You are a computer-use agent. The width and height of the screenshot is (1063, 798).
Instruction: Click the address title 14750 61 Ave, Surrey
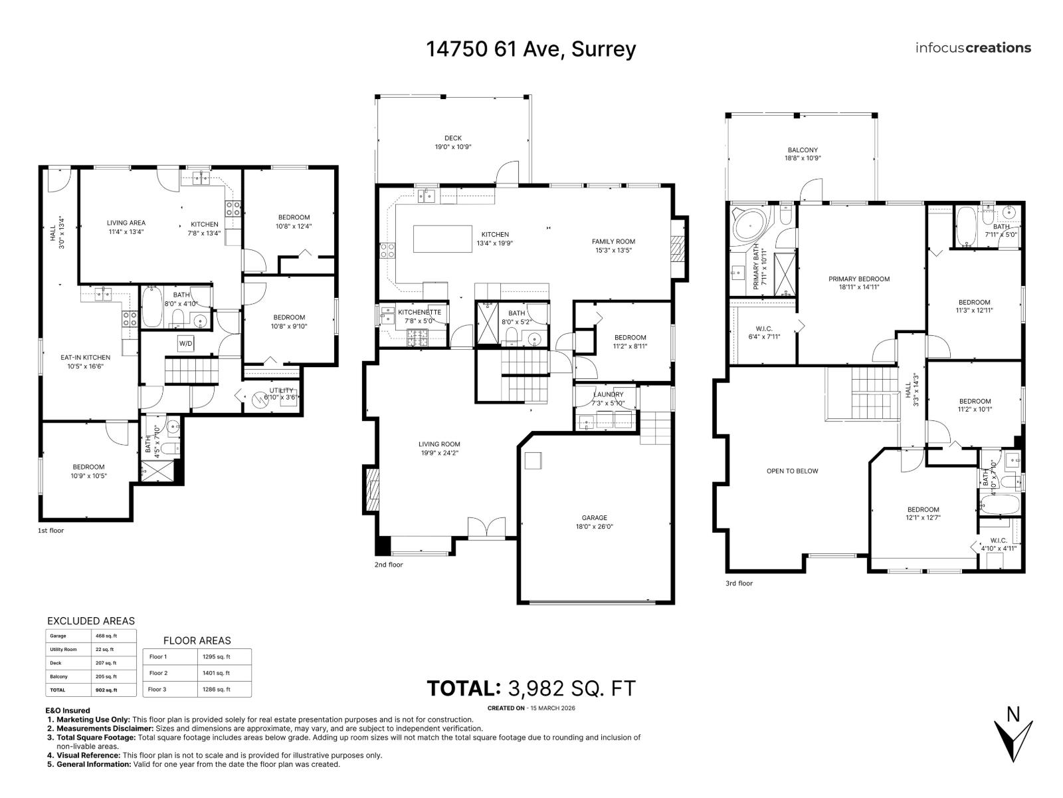coord(531,49)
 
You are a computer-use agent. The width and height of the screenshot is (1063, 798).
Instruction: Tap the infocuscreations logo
coord(973,48)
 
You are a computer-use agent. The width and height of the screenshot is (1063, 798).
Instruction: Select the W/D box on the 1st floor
coord(185,344)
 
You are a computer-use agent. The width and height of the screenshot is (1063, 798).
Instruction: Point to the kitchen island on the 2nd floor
coord(442,239)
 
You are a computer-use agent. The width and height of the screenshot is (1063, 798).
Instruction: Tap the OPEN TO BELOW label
coord(792,471)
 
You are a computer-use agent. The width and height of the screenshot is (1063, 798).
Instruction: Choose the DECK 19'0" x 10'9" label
coord(453,142)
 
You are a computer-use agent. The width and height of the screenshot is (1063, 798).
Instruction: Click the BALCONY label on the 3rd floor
coord(803,154)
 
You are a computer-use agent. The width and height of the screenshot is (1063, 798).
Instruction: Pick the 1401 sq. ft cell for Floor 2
coord(217,673)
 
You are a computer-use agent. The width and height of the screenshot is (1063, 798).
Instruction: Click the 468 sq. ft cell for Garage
coord(106,636)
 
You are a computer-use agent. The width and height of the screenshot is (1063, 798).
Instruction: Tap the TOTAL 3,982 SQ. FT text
coord(531,688)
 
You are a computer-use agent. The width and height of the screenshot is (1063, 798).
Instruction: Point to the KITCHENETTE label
coord(419,316)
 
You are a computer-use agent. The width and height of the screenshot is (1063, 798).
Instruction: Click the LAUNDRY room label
coord(608,398)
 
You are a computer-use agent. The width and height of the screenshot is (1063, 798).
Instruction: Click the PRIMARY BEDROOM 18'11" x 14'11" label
coord(858,283)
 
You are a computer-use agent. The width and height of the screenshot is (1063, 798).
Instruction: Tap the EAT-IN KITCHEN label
coord(86,362)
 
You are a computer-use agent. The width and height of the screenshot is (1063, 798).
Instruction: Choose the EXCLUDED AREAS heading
coord(91,621)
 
